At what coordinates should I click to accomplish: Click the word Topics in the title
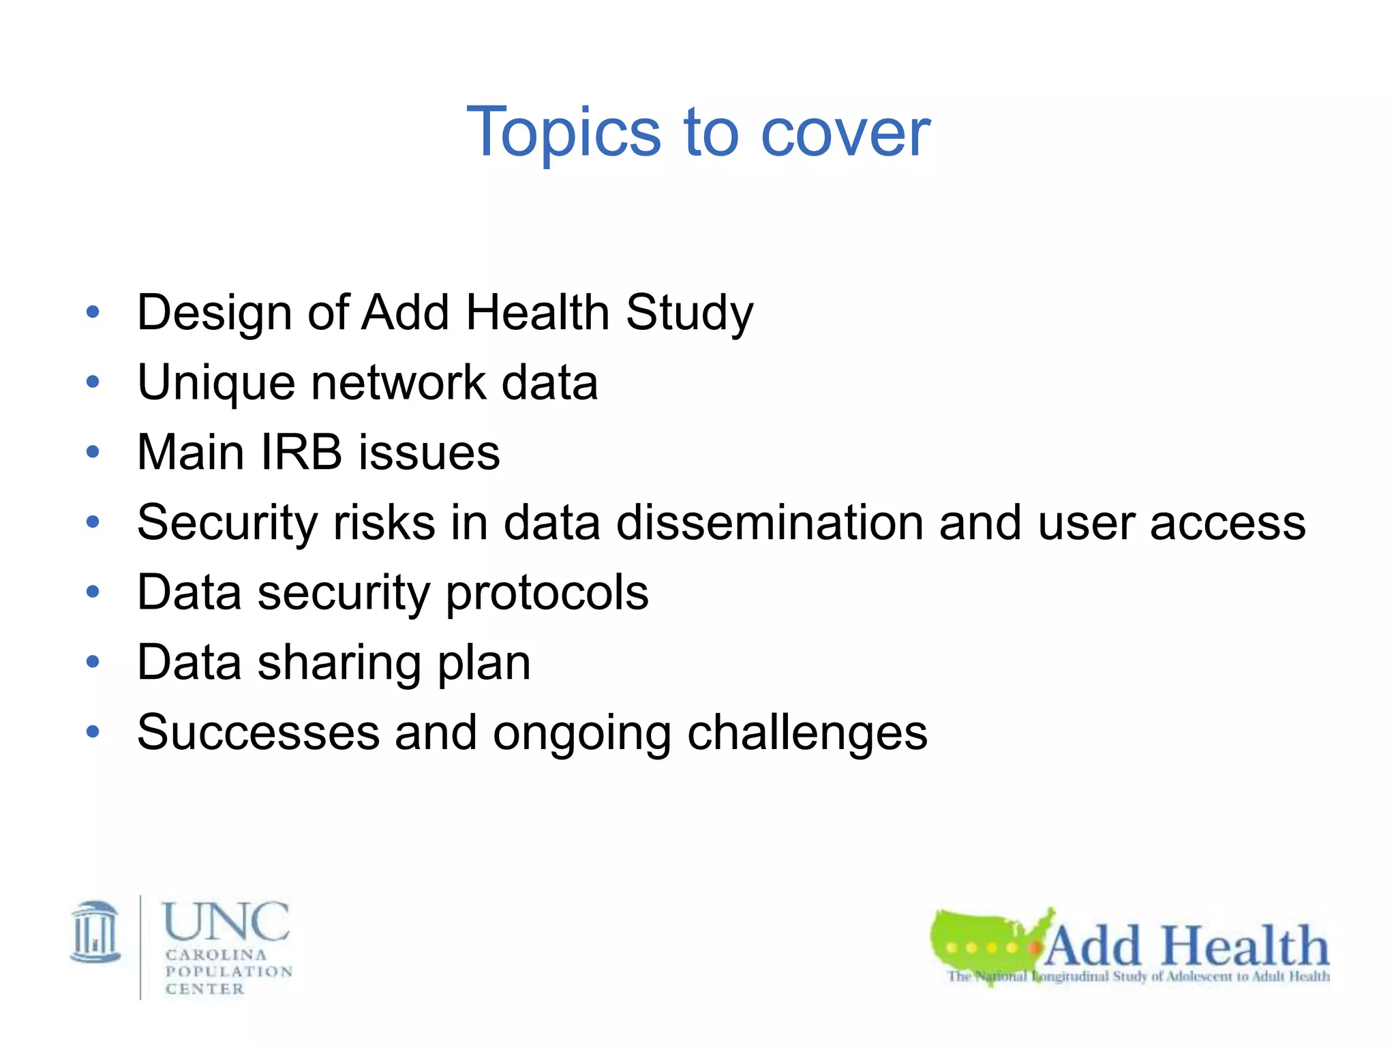pyautogui.click(x=563, y=133)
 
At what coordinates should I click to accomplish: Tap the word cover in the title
pyautogui.click(x=845, y=133)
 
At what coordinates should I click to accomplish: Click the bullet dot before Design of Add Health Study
pyautogui.click(x=93, y=313)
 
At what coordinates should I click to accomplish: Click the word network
pyautogui.click(x=398, y=383)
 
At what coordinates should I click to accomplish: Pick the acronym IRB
pyautogui.click(x=301, y=453)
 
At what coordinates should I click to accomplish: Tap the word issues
pyautogui.click(x=429, y=453)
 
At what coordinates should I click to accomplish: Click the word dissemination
pyautogui.click(x=769, y=523)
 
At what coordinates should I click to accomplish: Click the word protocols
pyautogui.click(x=547, y=593)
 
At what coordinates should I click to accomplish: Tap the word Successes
pyautogui.click(x=258, y=733)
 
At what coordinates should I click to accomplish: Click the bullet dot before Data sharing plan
pyautogui.click(x=93, y=662)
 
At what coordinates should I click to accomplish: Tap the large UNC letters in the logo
pyautogui.click(x=226, y=922)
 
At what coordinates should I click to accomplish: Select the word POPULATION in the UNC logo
pyautogui.click(x=229, y=971)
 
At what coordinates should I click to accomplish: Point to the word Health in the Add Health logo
pyautogui.click(x=1245, y=946)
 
